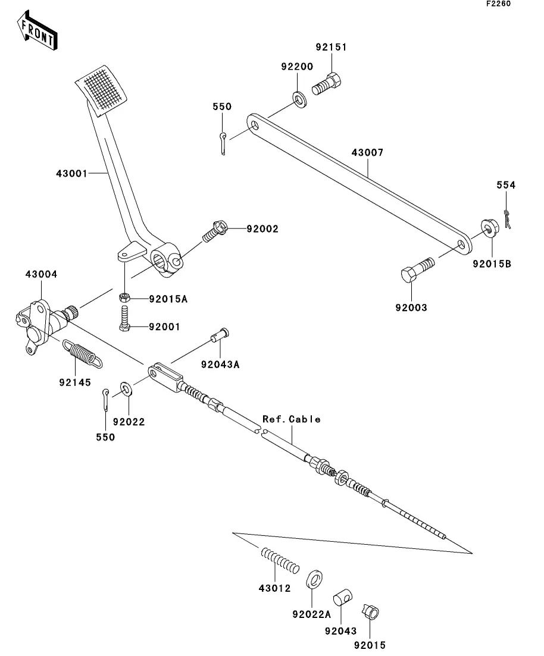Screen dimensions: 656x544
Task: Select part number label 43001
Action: (71, 174)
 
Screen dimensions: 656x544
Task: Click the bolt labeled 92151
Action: (327, 86)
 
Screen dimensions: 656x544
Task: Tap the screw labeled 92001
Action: (124, 318)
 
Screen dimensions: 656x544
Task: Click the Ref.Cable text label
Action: (292, 419)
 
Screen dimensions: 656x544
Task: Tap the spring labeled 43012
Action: (280, 560)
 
